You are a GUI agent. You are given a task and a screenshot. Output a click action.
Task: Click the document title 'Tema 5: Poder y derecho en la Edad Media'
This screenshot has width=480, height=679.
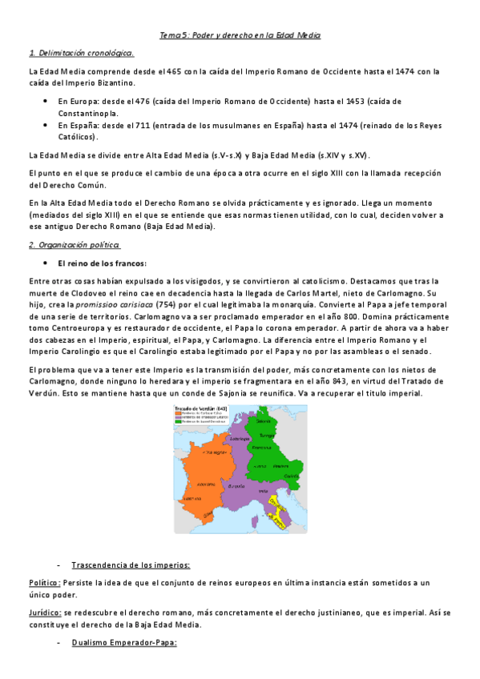coord(240,36)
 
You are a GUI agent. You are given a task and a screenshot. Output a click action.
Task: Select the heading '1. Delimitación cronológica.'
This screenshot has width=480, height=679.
coord(81,53)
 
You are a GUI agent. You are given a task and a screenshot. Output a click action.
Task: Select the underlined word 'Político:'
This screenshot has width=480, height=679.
coord(44,582)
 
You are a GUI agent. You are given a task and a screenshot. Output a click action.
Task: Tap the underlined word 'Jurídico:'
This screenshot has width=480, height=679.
coord(44,612)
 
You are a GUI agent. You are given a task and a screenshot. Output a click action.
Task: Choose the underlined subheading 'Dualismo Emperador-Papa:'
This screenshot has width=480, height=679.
coord(123,642)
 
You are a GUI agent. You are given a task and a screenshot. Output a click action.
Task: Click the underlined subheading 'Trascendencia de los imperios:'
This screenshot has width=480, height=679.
coord(131,564)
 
